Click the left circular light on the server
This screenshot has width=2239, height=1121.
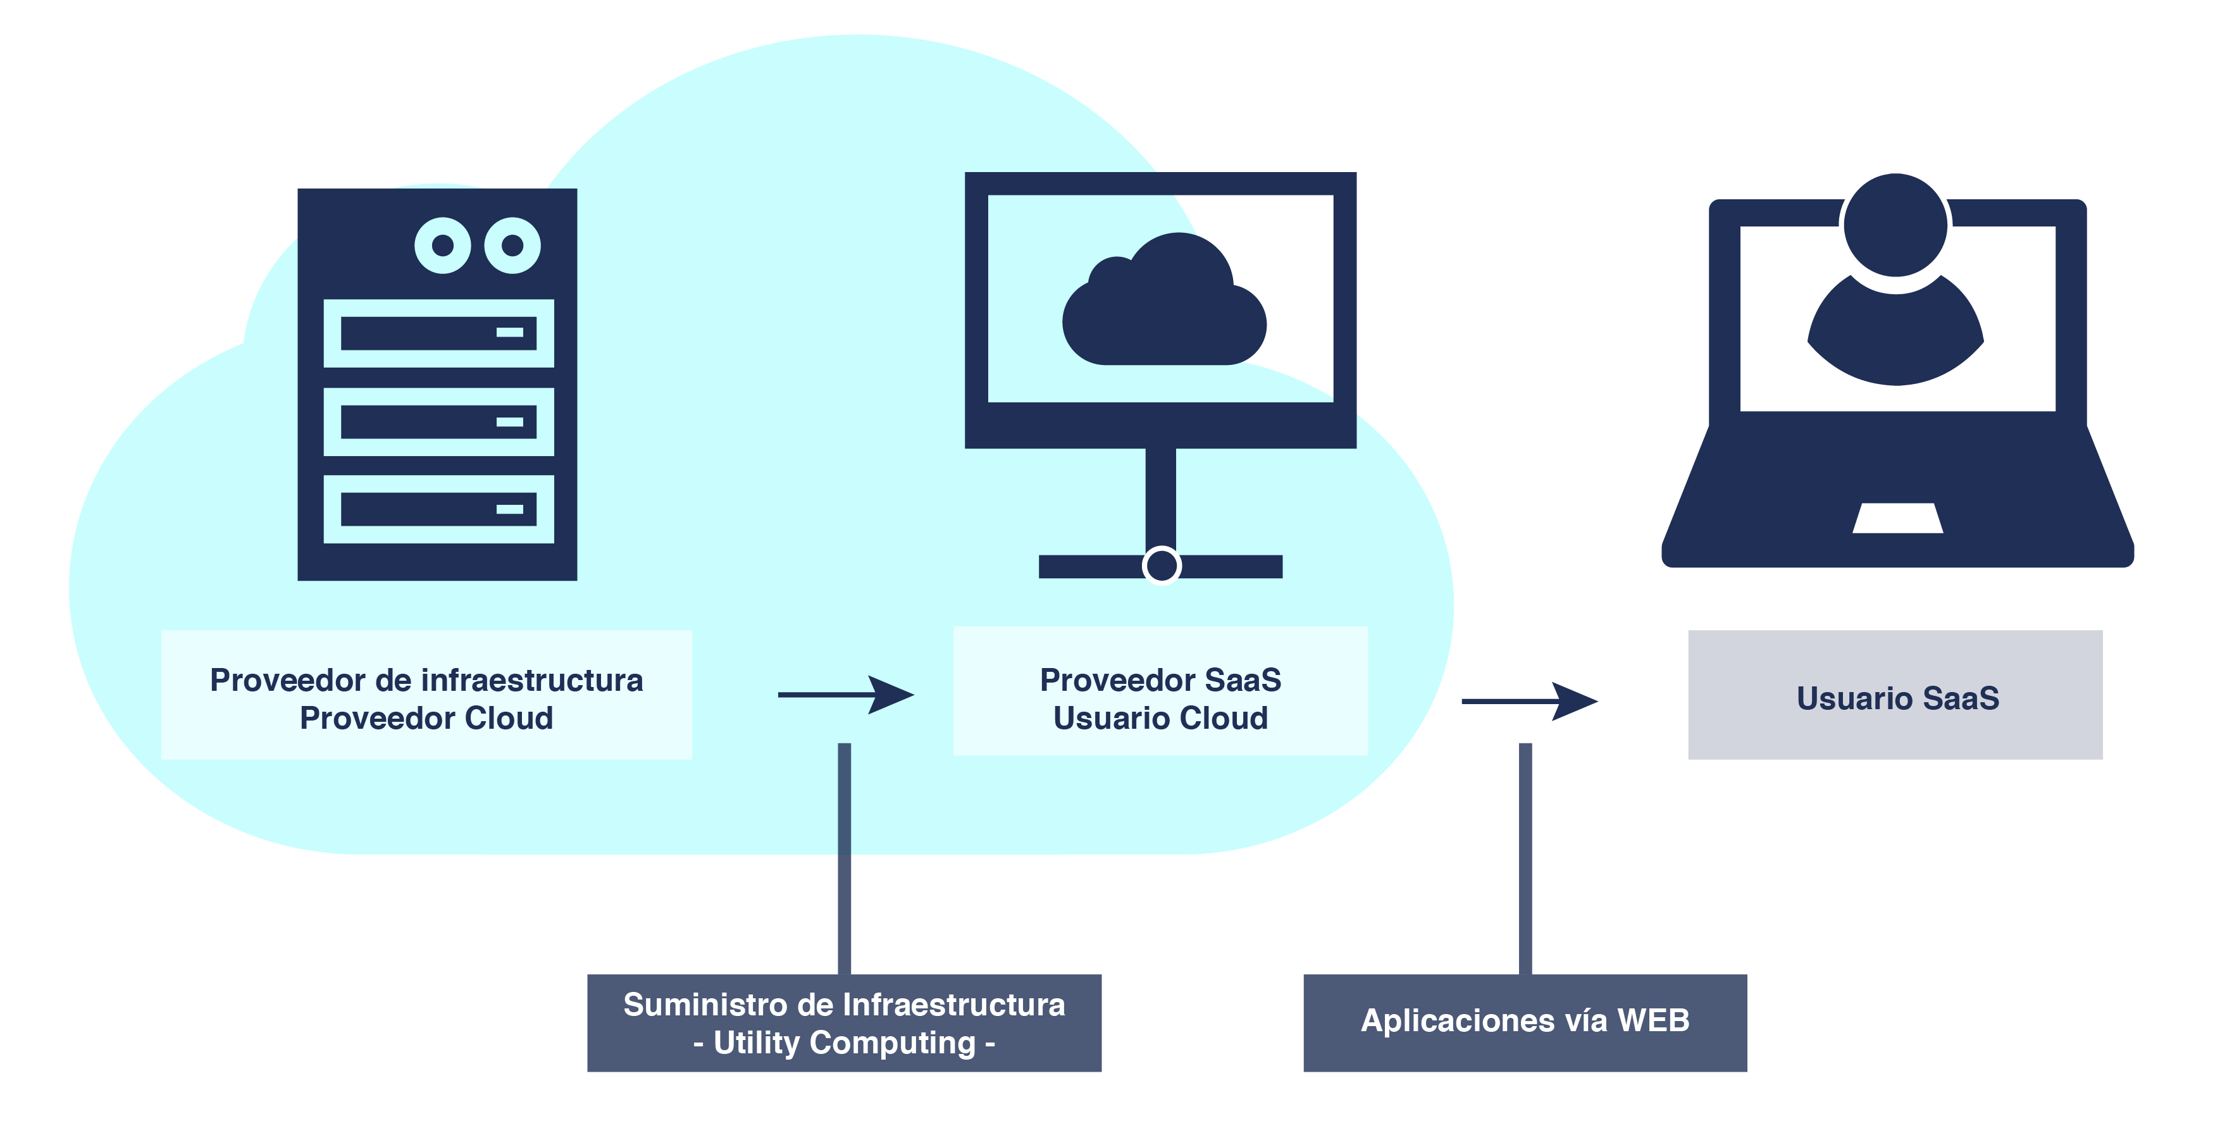(x=442, y=245)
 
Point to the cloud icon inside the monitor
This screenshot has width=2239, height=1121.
(x=1164, y=299)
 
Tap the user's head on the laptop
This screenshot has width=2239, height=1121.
(x=1895, y=225)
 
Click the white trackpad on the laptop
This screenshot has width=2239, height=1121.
(x=1897, y=518)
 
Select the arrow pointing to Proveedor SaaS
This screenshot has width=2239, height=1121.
(x=846, y=695)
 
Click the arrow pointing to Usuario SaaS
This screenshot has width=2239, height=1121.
(x=1530, y=700)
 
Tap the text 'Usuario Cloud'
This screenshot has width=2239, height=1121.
(x=1160, y=719)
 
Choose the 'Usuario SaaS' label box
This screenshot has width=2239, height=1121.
(x=1895, y=695)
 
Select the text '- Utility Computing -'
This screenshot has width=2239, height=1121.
(x=844, y=1043)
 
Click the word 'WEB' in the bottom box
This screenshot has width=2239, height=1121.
(x=1653, y=1020)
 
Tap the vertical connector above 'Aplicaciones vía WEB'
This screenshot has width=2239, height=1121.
(x=1525, y=858)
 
